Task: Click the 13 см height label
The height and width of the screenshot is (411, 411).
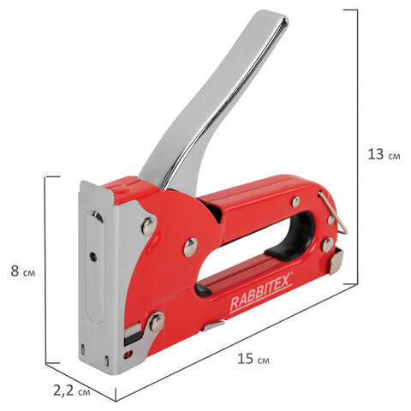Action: tap(384, 154)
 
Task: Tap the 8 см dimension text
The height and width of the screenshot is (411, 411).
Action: tap(23, 271)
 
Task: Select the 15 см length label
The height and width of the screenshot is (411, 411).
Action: tap(253, 359)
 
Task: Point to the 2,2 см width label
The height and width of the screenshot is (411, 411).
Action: tap(72, 390)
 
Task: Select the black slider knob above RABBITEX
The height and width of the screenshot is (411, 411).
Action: tap(203, 289)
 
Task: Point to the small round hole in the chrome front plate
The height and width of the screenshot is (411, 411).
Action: tap(92, 256)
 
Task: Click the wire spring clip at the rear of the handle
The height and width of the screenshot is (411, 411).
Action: tap(334, 212)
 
